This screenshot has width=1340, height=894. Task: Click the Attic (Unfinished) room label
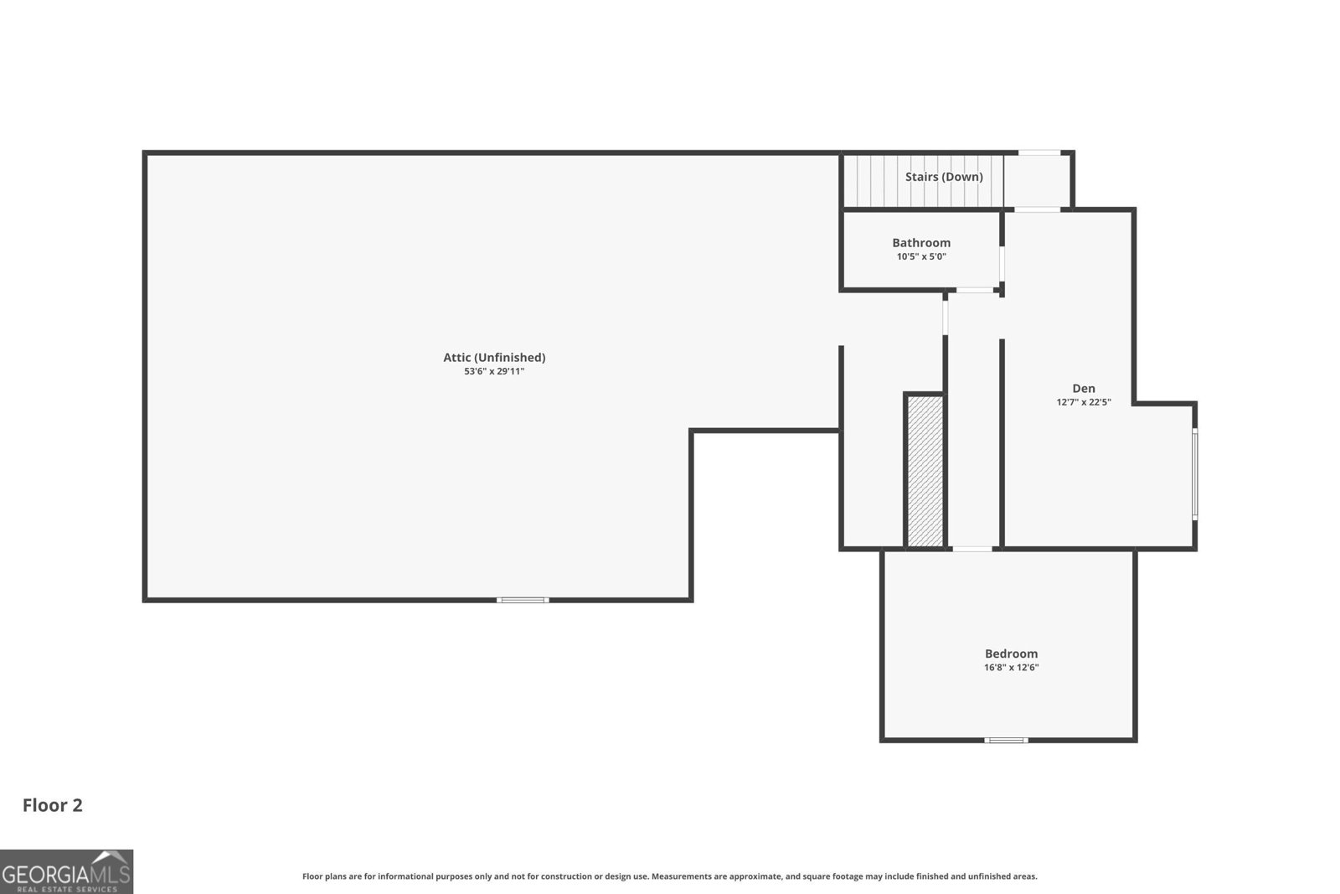pyautogui.click(x=494, y=357)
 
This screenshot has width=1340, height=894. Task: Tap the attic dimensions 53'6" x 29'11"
pyautogui.click(x=494, y=372)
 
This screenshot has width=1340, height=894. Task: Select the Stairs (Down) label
pyautogui.click(x=943, y=177)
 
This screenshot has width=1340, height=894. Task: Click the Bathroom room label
pyautogui.click(x=921, y=242)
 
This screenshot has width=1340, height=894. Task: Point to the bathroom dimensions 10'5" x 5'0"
pyautogui.click(x=921, y=256)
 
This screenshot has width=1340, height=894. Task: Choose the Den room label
pyautogui.click(x=1084, y=389)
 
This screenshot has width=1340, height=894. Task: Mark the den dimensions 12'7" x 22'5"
pyautogui.click(x=1084, y=402)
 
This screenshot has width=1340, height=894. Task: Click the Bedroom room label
pyautogui.click(x=1011, y=654)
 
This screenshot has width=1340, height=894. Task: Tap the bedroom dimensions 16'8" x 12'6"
pyautogui.click(x=1011, y=667)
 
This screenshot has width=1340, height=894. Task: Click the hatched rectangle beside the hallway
pyautogui.click(x=925, y=471)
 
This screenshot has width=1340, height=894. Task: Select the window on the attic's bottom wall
pyautogui.click(x=523, y=600)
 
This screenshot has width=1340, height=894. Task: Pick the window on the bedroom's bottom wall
pyautogui.click(x=1006, y=740)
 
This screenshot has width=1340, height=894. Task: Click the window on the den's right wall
pyautogui.click(x=1194, y=474)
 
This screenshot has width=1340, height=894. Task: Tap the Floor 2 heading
pyautogui.click(x=53, y=805)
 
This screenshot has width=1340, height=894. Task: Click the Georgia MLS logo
pyautogui.click(x=66, y=872)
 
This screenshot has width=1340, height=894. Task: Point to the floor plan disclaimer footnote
pyautogui.click(x=669, y=876)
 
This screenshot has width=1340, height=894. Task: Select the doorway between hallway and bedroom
pyautogui.click(x=972, y=549)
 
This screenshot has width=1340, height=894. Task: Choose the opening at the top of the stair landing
pyautogui.click(x=1039, y=152)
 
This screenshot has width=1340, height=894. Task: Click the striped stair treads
pyautogui.click(x=924, y=181)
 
